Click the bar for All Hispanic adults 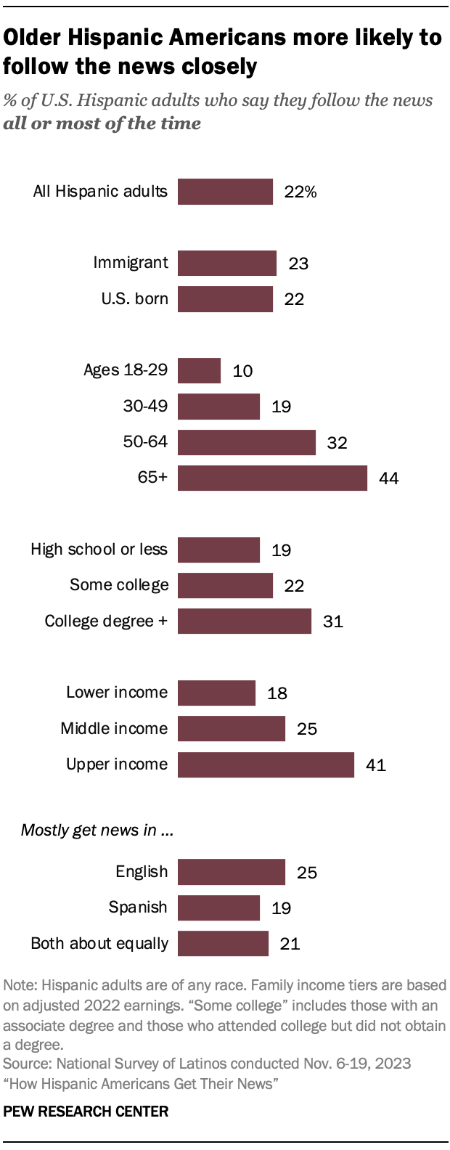[x=225, y=192]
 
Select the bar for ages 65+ [x=272, y=478]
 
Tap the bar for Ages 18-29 [x=199, y=370]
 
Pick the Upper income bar [x=266, y=764]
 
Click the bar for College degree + [x=245, y=621]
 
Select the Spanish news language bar [x=218, y=908]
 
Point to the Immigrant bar [x=226, y=263]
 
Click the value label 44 [x=388, y=478]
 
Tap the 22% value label [x=300, y=192]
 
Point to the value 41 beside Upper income [x=375, y=765]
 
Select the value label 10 [x=242, y=371]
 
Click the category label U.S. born [x=134, y=298]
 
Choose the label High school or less [x=99, y=550]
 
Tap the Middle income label [x=114, y=728]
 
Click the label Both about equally [x=99, y=943]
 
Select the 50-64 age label [x=145, y=442]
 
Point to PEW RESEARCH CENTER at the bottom [x=86, y=1111]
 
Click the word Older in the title [x=33, y=37]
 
